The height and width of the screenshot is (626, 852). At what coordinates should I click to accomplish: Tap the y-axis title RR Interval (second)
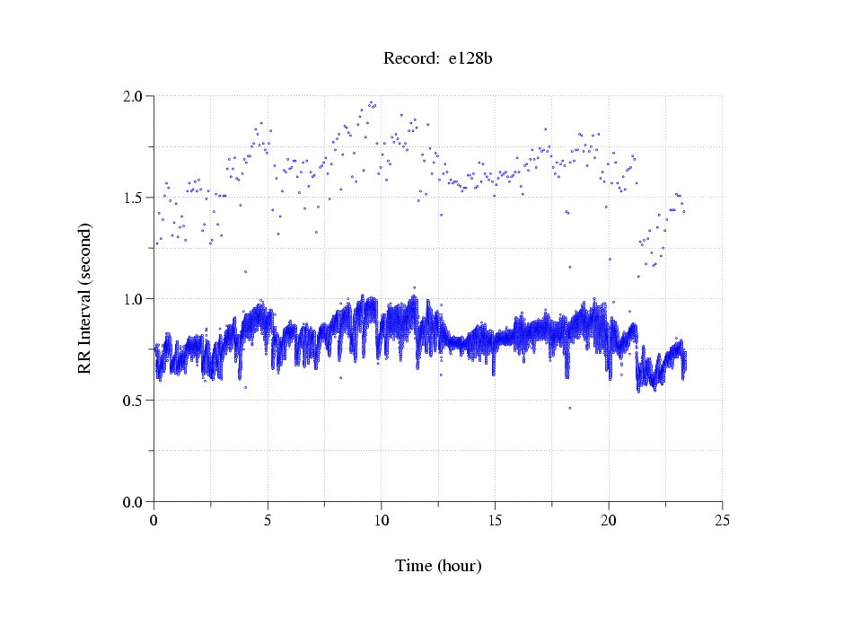click(85, 298)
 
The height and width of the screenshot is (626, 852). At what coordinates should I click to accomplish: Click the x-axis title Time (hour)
click(438, 566)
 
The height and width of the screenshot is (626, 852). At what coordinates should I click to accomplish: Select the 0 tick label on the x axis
click(154, 519)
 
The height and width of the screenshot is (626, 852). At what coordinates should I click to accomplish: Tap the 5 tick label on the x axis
click(268, 519)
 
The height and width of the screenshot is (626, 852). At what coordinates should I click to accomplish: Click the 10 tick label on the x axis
click(382, 519)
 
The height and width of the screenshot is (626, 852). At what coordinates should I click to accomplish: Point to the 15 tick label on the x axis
click(495, 519)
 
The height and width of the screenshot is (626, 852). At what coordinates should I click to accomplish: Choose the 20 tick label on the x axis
click(609, 519)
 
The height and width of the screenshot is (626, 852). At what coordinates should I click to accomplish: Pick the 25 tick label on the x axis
click(722, 519)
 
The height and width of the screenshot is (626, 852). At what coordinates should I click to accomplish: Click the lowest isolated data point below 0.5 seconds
click(569, 408)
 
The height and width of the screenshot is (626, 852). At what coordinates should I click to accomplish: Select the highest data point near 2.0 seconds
click(372, 102)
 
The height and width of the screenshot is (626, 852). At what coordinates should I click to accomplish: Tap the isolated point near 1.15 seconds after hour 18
click(569, 267)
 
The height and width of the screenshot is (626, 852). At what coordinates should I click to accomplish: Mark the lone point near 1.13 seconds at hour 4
click(245, 271)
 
